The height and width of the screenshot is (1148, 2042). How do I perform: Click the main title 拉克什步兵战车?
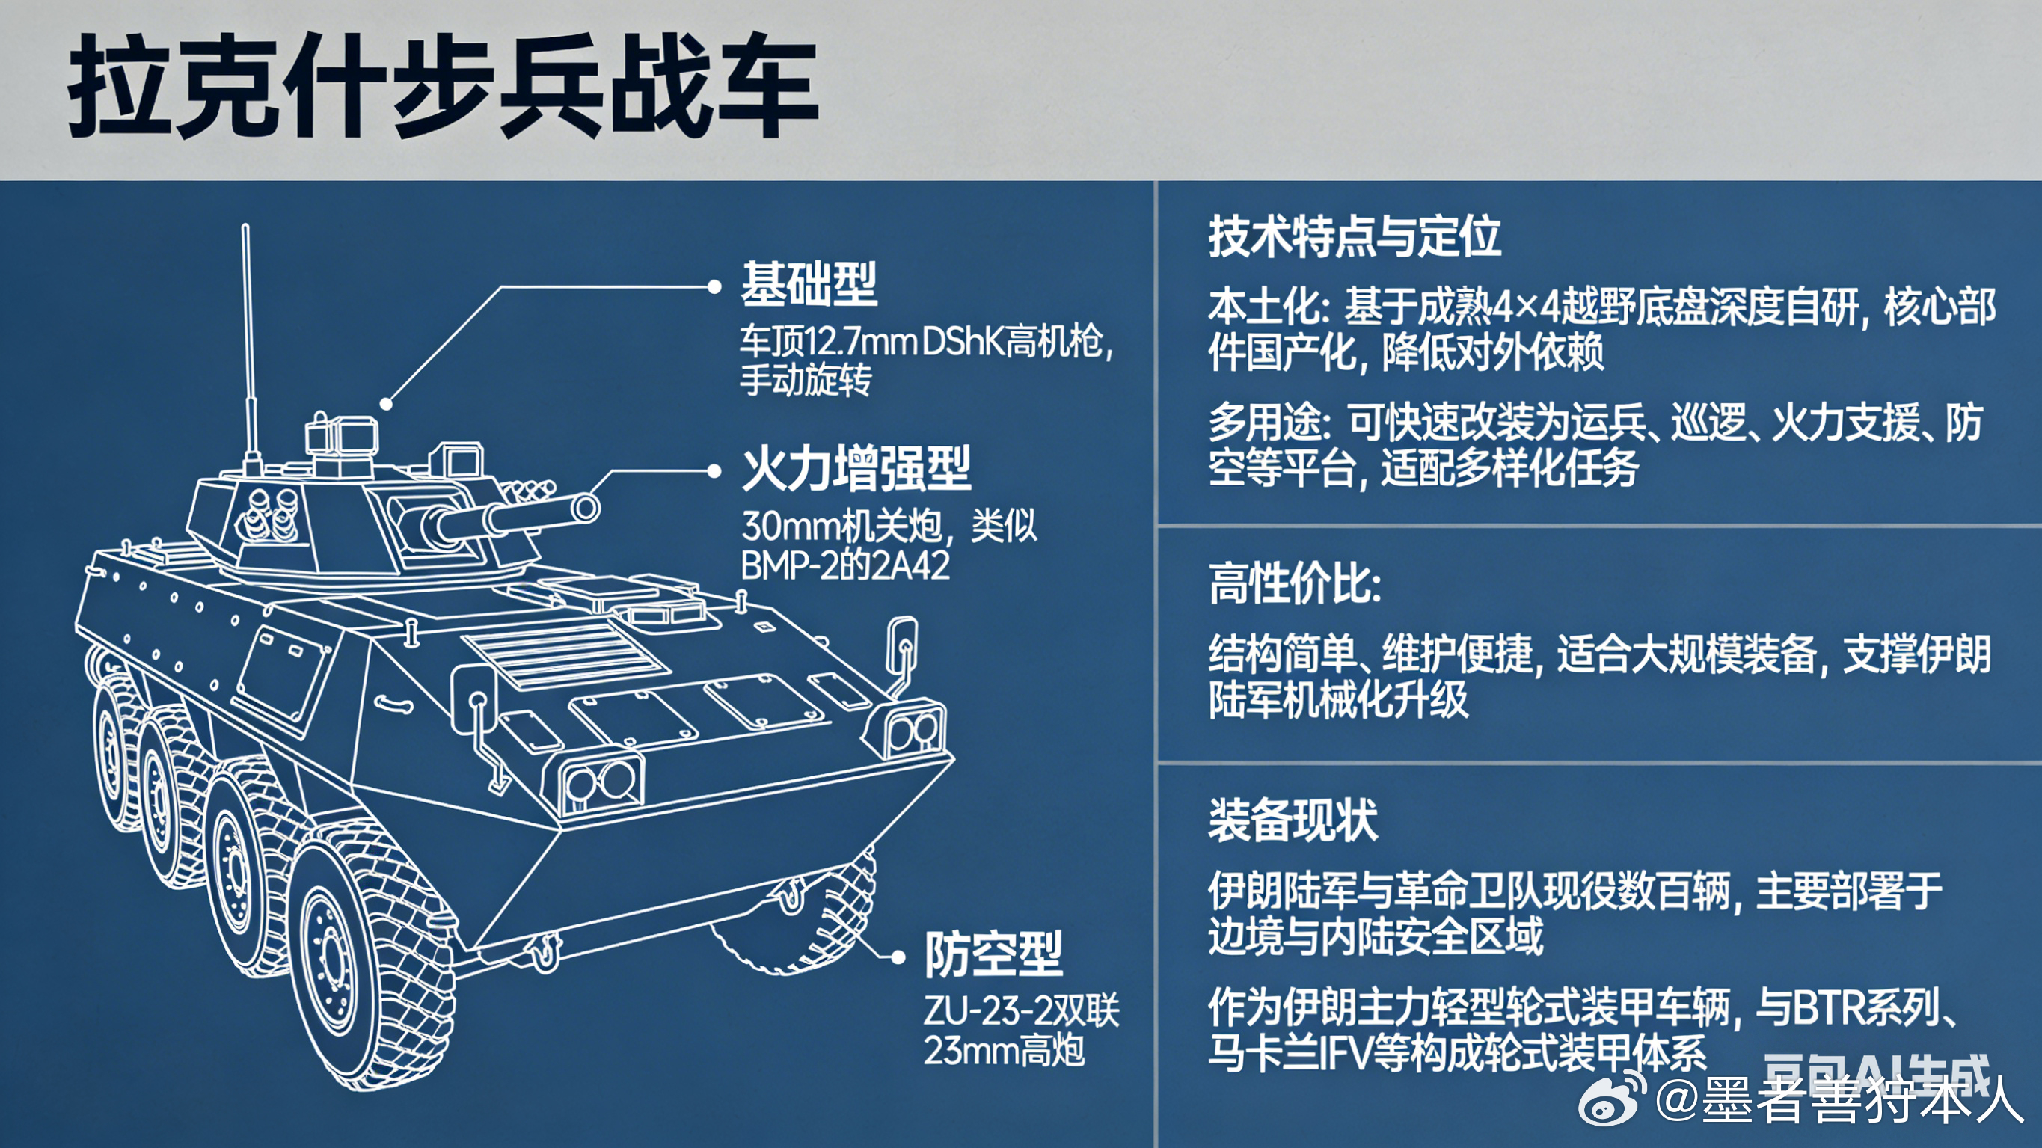(x=442, y=85)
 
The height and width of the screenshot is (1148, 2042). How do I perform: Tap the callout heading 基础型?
(x=809, y=284)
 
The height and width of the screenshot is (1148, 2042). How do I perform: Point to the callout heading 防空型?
(x=993, y=953)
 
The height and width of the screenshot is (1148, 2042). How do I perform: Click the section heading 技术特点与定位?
(x=1354, y=236)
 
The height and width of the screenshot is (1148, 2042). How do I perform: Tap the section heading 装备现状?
(x=1292, y=820)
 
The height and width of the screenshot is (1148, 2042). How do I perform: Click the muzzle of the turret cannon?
(x=586, y=507)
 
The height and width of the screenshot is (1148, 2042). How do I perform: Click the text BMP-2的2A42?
(x=845, y=566)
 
